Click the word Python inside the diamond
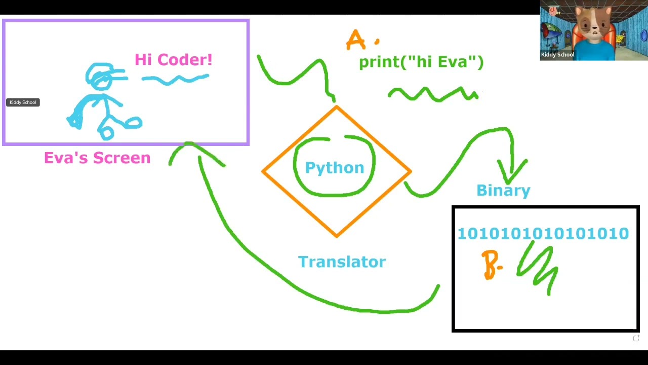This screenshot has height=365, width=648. click(x=334, y=168)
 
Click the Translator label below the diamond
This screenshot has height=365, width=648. click(x=342, y=262)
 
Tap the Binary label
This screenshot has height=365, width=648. click(x=503, y=190)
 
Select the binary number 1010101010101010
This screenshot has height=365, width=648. click(x=543, y=233)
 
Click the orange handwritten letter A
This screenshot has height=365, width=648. click(x=355, y=40)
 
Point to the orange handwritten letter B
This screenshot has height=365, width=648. click(x=490, y=264)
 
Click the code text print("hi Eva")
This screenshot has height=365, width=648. click(x=421, y=62)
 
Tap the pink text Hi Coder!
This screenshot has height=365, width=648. click(x=173, y=59)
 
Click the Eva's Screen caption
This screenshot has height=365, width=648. click(x=97, y=158)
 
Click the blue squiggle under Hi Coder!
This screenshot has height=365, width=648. click(x=175, y=79)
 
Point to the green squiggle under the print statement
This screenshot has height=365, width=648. click(x=433, y=94)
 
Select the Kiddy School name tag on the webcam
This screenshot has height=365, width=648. click(x=557, y=55)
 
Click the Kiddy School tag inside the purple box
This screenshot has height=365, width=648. click(x=23, y=102)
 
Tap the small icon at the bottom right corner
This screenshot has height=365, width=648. click(x=636, y=338)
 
